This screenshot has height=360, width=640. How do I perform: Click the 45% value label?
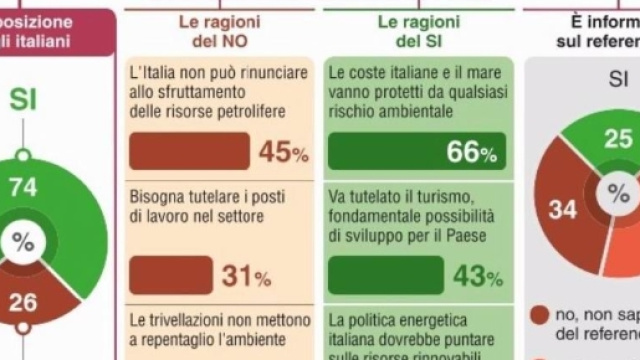(x=283, y=152)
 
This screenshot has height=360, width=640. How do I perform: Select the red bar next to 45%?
(x=189, y=151)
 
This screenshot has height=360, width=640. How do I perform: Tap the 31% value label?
(x=246, y=276)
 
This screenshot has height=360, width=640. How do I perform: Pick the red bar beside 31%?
(x=170, y=275)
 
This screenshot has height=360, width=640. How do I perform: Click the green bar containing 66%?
(x=416, y=151)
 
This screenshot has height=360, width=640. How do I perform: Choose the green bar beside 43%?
(x=385, y=275)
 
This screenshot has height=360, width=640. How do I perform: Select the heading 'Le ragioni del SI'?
(x=417, y=31)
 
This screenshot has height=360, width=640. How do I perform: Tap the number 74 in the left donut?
(x=23, y=187)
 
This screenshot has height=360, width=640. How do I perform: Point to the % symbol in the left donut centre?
(x=22, y=242)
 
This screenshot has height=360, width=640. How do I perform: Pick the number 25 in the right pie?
(x=619, y=139)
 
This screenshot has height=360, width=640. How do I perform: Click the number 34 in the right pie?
(x=563, y=210)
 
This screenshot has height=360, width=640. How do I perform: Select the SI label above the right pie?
(x=620, y=80)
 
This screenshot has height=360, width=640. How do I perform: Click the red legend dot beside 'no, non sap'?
(x=540, y=313)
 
